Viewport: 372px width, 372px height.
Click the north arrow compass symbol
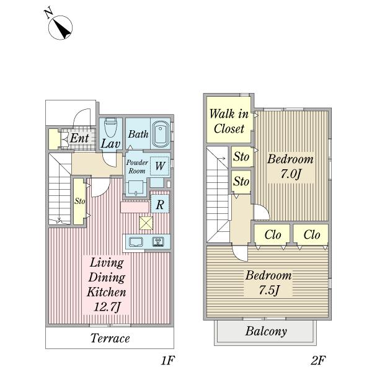(x=60, y=27)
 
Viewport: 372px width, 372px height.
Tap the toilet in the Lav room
(x=110, y=128)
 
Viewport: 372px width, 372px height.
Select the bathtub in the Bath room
(x=161, y=135)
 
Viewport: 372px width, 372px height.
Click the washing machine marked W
(x=160, y=166)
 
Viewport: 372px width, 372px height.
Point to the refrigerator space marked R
(x=160, y=204)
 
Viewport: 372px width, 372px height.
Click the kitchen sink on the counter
(x=136, y=242)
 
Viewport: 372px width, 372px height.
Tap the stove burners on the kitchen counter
(x=157, y=242)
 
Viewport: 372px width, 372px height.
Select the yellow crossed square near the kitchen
(x=146, y=223)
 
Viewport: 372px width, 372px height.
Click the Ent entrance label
(x=79, y=138)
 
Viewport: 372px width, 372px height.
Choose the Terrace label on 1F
(x=110, y=338)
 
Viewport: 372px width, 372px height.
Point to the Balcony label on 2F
(x=266, y=331)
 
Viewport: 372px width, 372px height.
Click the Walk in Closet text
(x=229, y=121)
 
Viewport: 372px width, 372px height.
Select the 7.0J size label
(x=291, y=174)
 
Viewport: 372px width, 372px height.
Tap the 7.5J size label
(x=268, y=290)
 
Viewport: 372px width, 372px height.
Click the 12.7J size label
(x=107, y=307)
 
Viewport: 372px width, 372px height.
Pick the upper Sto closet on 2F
(x=241, y=157)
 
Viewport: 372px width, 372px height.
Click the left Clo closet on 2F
(x=272, y=234)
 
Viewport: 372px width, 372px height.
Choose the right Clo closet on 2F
(x=311, y=234)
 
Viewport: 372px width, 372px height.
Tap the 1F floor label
(x=167, y=361)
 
